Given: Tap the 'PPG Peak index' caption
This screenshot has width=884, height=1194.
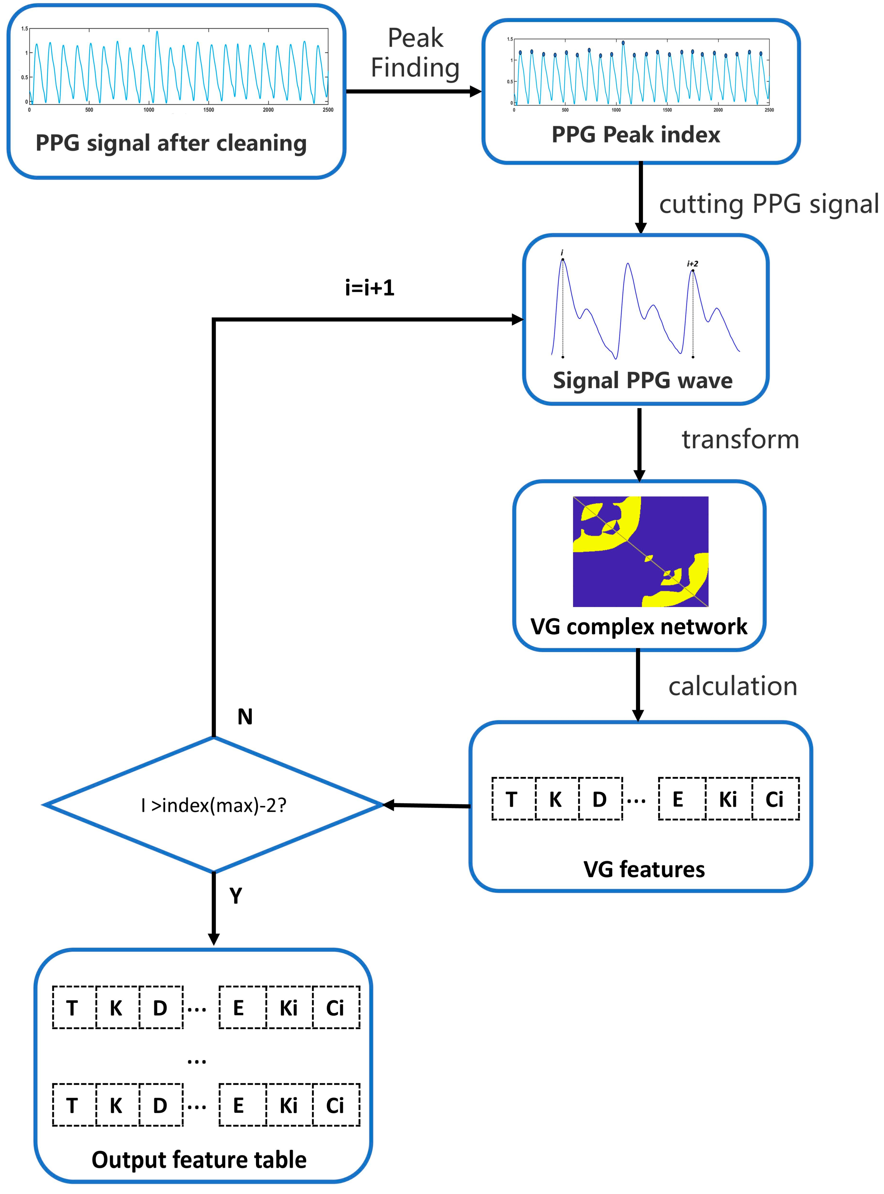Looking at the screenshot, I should tap(636, 134).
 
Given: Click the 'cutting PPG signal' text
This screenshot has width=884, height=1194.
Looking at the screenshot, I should tap(768, 204).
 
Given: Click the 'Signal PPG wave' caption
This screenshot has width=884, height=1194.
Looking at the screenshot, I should tap(643, 380).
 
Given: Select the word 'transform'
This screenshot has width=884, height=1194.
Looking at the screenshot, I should tap(740, 439).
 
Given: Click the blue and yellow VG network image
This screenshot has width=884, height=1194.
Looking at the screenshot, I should tap(641, 551).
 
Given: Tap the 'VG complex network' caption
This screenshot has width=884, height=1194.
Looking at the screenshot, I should tap(639, 626).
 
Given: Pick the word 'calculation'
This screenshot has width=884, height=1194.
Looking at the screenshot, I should tap(733, 686).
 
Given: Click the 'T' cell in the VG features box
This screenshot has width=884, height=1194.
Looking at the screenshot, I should tap(512, 799).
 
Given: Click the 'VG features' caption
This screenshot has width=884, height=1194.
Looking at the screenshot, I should tap(644, 869).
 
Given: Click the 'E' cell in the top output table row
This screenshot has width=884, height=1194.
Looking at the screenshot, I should tap(239, 1008).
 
